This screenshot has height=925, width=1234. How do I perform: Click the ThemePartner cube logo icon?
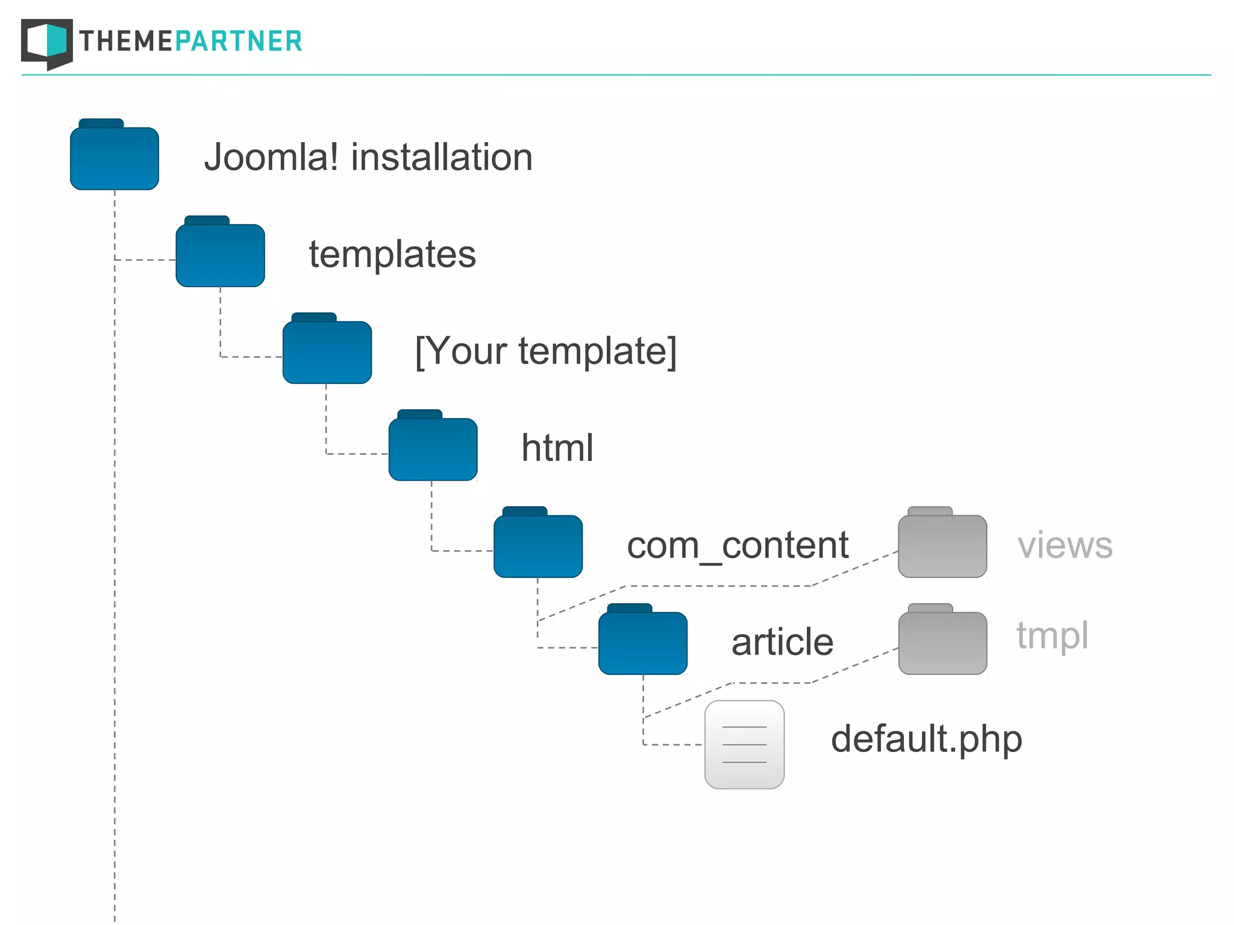coord(47,43)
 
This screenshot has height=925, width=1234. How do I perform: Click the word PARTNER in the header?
coord(238,42)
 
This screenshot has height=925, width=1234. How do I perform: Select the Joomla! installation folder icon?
coord(114,157)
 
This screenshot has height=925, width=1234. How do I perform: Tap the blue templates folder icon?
coord(220,254)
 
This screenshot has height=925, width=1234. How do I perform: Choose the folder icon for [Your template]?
coord(327,351)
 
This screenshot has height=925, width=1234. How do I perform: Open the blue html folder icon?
coord(433,448)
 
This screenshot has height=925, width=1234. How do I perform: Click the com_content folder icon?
coord(538,545)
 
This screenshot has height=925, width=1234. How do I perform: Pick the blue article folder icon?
coord(643,642)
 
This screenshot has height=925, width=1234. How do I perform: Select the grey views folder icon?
coord(942,545)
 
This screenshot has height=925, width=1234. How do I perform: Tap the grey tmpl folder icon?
coord(942,641)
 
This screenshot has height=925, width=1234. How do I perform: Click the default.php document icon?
coord(745,745)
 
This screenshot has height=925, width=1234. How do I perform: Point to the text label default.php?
coord(927,740)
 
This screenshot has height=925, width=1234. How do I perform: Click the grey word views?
coord(1065,546)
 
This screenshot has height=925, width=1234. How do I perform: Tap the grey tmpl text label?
coord(1053,636)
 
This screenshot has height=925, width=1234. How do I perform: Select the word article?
coord(782,642)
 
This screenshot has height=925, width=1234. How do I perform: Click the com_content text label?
coord(738,546)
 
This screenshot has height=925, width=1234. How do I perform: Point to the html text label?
coord(557,448)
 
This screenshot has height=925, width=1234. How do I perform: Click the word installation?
coord(442,158)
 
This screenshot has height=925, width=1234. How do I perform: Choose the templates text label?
coord(392,255)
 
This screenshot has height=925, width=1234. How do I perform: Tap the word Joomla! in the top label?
coord(271,158)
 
